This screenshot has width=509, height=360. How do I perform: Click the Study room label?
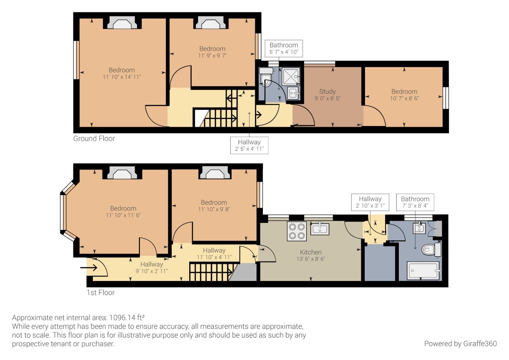click(327, 92)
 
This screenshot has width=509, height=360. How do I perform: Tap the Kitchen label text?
click(310, 252)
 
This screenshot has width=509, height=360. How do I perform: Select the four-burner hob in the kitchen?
click(297, 231)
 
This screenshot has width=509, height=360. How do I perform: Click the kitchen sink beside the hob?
click(320, 229)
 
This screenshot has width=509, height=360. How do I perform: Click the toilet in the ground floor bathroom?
click(266, 77)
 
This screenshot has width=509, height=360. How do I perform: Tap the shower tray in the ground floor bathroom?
click(291, 76)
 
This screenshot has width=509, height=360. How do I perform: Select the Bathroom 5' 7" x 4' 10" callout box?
click(283, 48)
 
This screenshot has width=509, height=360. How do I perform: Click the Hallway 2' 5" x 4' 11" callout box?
click(249, 145)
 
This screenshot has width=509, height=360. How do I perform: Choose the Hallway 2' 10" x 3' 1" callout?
click(370, 202)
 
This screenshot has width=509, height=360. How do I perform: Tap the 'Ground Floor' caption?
click(94, 139)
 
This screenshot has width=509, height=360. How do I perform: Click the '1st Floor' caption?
click(100, 293)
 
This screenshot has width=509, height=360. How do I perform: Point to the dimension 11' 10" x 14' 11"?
click(122, 77)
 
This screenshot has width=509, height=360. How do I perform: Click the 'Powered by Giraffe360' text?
click(460, 343)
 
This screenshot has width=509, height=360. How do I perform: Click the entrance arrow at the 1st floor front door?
click(89, 267)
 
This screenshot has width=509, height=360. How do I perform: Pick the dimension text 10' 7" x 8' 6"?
click(404, 98)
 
